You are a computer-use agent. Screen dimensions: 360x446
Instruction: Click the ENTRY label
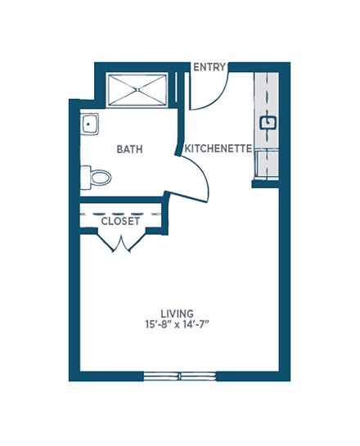click(209, 67)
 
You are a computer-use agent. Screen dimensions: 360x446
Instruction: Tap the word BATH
click(129, 149)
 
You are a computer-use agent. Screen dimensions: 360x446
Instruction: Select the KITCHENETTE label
click(218, 148)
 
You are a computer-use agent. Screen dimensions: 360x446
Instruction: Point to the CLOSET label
click(120, 221)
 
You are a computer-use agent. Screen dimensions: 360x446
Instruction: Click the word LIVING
click(178, 313)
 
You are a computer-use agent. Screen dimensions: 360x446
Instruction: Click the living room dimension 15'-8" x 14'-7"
click(178, 324)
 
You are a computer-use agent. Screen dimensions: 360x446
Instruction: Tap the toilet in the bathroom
click(96, 178)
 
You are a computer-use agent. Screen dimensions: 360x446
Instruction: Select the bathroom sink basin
click(89, 124)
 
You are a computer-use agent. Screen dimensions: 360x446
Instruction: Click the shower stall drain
click(137, 90)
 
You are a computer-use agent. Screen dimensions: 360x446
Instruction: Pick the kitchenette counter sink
click(268, 123)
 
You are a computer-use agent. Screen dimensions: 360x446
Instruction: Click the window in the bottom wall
click(180, 376)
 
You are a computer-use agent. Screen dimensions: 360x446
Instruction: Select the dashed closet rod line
click(120, 214)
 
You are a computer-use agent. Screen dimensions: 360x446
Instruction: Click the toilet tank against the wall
click(85, 178)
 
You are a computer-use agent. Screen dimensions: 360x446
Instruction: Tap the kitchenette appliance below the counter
click(267, 165)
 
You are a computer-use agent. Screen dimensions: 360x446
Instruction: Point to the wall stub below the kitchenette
click(265, 184)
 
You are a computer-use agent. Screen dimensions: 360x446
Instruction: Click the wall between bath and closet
click(122, 200)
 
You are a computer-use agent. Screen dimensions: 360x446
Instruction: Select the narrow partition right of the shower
click(176, 88)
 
